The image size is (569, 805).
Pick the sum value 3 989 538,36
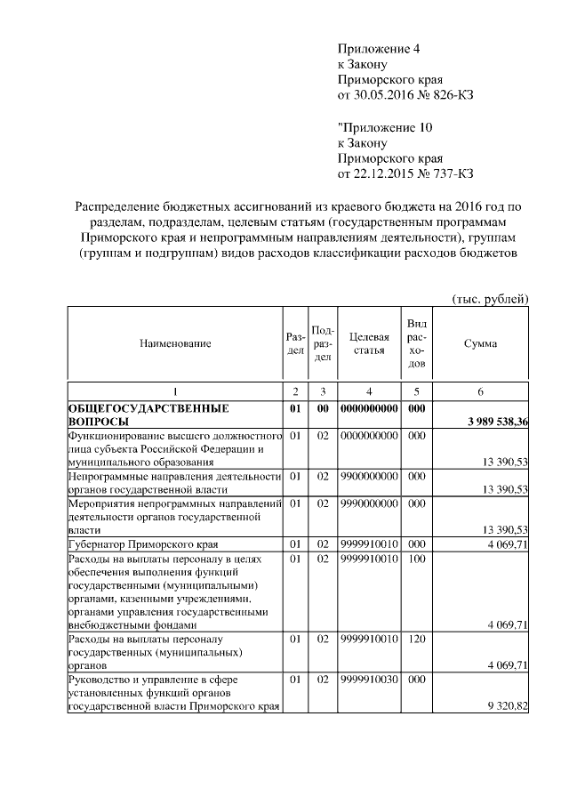(493, 422)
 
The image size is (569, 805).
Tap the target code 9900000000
(369, 477)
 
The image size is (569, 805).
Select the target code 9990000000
(369, 503)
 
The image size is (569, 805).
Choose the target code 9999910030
(369, 679)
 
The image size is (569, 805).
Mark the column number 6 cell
(480, 391)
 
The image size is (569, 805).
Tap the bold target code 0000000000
(369, 408)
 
